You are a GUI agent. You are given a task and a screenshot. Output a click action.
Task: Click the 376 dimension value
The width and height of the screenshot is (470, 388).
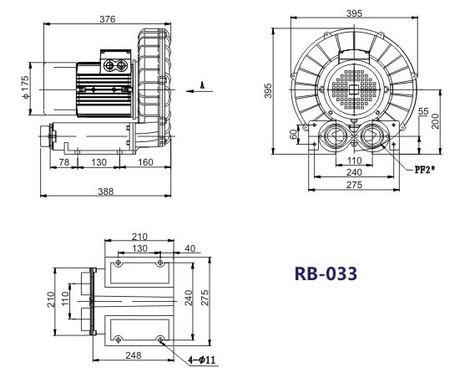tap(108, 19)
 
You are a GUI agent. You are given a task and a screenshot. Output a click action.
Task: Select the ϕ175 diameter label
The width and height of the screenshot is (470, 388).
tap(26, 87)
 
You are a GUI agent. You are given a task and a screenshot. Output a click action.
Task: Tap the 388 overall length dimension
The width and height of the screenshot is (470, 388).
tap(106, 191)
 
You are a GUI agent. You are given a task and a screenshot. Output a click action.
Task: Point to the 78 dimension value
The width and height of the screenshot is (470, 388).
tap(64, 162)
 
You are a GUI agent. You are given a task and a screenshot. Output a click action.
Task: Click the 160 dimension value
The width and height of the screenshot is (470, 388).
tap(146, 162)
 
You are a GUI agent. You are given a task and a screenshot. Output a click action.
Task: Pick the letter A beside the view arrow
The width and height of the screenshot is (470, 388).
tap(202, 85)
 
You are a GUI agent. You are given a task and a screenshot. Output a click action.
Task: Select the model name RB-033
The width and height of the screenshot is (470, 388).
tap(326, 273)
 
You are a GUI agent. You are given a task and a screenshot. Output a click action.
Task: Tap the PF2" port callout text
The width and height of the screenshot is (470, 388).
tap(424, 170)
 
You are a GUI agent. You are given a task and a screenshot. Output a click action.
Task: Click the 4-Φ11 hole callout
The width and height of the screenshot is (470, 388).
tap(202, 360)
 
